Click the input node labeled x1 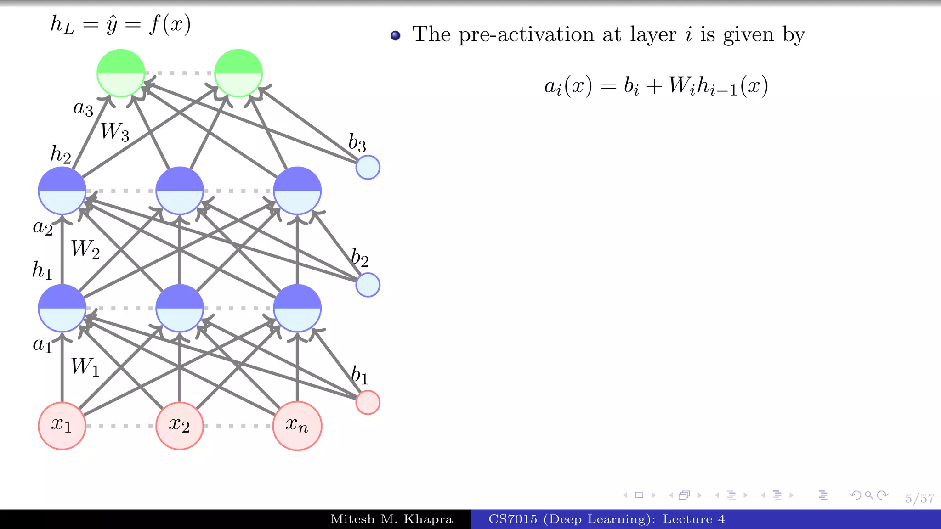pos(62,426)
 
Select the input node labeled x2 pos(180,426)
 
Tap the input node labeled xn pos(297,426)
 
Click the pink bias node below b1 pos(368,402)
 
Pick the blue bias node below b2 pos(368,285)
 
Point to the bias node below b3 pos(368,167)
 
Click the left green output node pos(121,73)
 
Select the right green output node pos(238,73)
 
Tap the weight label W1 pos(85,366)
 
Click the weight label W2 pos(85,249)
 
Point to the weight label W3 pos(114,131)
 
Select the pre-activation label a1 pos(43,344)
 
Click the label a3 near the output pos(83,108)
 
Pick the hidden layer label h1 pos(42,270)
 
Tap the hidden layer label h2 pos(61,154)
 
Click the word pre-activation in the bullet pos(526,35)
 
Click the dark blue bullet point pos(395,35)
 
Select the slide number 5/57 pos(919,499)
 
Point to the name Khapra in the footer pos(428,519)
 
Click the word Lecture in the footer pos(687,519)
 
